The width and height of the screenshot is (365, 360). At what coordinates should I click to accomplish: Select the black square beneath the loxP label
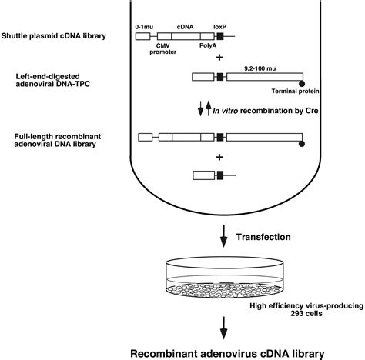(x=220, y=36)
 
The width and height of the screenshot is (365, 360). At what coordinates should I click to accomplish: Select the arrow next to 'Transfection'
(x=224, y=239)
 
